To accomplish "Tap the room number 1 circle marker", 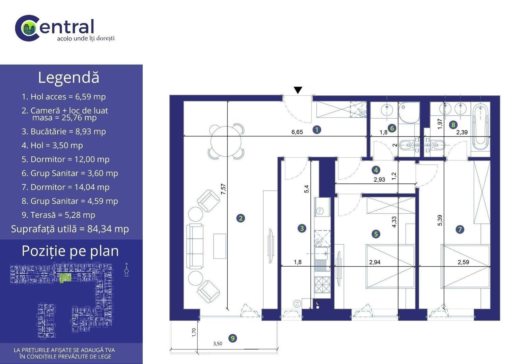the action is (317, 129).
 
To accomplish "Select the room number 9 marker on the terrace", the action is (233, 338).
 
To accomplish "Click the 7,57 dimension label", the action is (223, 189).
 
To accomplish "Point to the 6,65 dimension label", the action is (297, 132).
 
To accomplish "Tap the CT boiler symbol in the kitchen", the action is (297, 304).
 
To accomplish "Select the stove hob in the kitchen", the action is (323, 285).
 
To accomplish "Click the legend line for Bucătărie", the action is (64, 131).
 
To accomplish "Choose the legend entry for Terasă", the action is (58, 215).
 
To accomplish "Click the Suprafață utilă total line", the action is (70, 229).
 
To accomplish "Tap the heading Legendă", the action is (68, 78).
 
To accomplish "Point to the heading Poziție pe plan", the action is (70, 251).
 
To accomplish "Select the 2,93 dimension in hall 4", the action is (379, 180).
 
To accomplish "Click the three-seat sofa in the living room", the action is (195, 246).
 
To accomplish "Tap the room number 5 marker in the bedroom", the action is (376, 234).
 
